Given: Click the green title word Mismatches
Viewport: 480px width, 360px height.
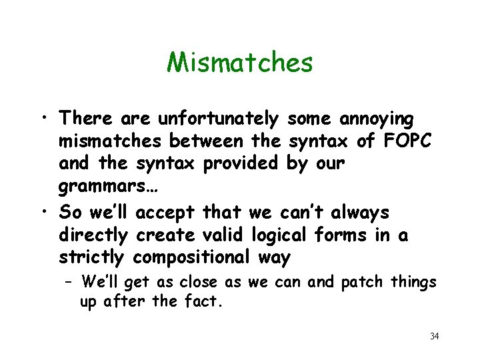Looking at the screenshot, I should pos(239,63).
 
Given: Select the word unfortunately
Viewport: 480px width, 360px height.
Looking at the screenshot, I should pos(218,119).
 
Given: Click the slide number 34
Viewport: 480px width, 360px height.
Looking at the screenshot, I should pos(434,336).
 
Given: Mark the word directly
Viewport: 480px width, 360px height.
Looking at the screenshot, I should pos(93,236).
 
